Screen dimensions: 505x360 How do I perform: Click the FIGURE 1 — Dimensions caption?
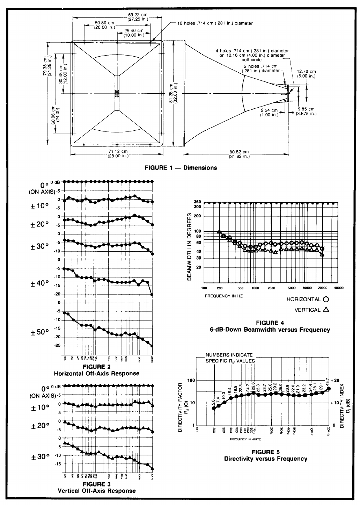181,168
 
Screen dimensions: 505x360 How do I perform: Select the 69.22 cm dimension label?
138,15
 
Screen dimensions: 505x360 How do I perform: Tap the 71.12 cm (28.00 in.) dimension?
117,153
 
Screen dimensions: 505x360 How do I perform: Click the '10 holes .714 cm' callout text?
215,23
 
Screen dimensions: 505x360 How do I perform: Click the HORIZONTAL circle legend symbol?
326,300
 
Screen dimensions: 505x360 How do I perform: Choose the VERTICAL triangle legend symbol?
326,309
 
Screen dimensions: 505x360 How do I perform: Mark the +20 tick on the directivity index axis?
335,380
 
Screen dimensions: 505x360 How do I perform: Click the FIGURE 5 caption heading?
265,452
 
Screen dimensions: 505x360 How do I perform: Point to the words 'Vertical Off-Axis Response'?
97,491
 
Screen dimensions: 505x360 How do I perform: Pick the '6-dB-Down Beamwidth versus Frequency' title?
270,330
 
